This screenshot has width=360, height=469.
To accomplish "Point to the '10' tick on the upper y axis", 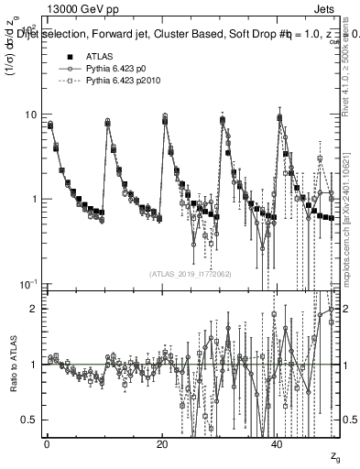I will tap(30, 115).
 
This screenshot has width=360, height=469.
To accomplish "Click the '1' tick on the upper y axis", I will tap(33, 199).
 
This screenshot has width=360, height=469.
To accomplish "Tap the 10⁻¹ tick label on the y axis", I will tap(28, 283).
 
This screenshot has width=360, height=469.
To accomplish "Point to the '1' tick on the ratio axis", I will tap(33, 365).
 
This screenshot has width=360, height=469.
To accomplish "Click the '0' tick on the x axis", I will tap(47, 444).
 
